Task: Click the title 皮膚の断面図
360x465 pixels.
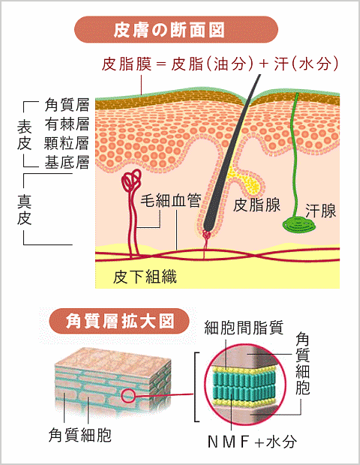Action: (169, 30)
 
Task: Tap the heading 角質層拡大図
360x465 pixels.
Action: (120, 322)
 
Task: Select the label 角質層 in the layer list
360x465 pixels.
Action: (67, 105)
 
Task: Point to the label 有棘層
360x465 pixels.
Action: (67, 124)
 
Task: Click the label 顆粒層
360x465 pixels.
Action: (67, 143)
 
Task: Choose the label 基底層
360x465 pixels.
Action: (67, 162)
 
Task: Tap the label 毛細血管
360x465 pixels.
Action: (171, 200)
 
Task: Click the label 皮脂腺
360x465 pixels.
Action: (256, 205)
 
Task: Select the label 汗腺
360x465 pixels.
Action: (321, 211)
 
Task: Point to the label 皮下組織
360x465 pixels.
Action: (145, 277)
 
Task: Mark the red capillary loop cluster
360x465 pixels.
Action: (130, 180)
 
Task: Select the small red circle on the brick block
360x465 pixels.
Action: (128, 395)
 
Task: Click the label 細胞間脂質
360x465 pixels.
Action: (244, 328)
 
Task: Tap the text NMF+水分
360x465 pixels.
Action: (252, 442)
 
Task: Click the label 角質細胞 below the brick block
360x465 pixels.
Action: (80, 435)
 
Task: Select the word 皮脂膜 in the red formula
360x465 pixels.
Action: (127, 64)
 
